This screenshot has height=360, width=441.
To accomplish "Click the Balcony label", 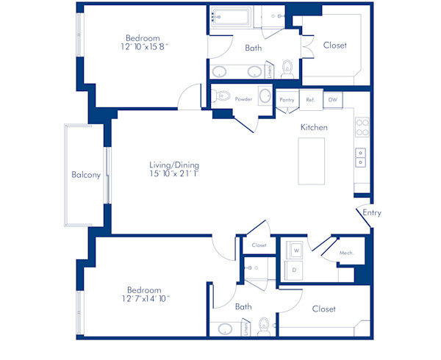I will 86,175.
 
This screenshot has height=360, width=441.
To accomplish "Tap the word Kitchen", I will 314,127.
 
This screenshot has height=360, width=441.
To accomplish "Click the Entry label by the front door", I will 372,213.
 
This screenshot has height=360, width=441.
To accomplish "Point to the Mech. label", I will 347,253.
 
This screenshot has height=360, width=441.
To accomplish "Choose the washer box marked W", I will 296,250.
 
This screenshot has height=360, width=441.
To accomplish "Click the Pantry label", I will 287,100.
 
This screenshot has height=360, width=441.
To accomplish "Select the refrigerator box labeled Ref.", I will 310,100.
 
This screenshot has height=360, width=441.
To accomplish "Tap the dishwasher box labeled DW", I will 332,100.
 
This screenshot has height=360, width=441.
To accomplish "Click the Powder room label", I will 243,99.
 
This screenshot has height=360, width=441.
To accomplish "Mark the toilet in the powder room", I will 223,96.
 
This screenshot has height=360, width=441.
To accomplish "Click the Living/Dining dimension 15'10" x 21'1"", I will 174,175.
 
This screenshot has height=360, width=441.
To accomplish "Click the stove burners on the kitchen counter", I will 362,128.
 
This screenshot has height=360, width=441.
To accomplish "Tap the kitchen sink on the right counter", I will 362,157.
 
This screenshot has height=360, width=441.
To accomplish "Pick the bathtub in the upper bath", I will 231,18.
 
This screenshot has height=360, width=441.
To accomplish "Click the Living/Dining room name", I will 174,165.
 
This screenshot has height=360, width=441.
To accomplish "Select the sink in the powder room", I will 264,96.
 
